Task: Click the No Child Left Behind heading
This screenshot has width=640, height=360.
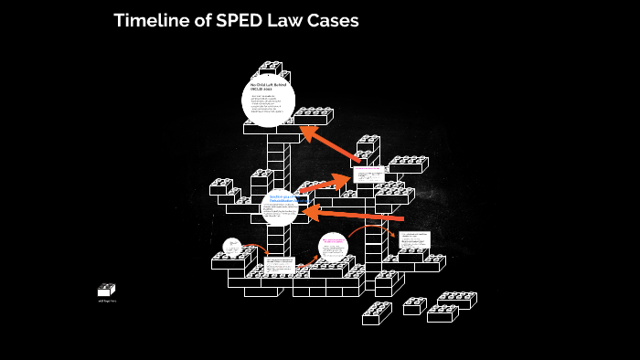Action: (269, 88)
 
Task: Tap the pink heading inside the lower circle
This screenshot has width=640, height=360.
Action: (333, 241)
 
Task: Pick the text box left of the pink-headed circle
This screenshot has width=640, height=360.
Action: (280, 265)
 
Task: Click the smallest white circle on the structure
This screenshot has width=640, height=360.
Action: (233, 246)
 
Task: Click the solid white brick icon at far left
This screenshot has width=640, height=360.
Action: (106, 290)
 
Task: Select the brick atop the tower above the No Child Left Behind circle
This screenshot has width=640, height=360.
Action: (271, 68)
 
